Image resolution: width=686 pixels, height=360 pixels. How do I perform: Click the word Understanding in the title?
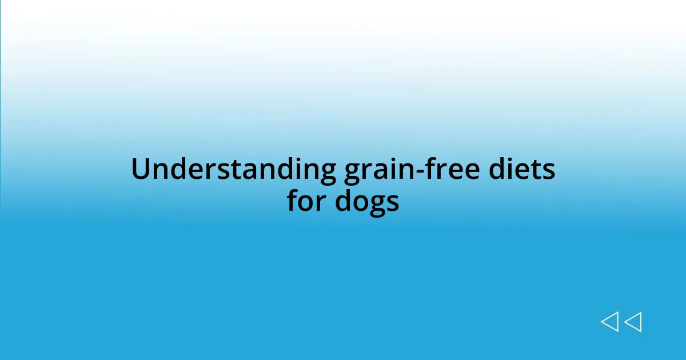coord(233,170)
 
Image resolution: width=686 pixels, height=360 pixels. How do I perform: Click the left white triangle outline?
coord(610,322)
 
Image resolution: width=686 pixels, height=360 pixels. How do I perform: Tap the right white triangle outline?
coord(633,322)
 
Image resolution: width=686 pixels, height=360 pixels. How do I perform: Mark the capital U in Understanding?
coord(141,170)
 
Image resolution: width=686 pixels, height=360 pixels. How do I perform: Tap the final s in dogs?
coord(393,203)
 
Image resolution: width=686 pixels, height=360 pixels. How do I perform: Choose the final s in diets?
coord(549,172)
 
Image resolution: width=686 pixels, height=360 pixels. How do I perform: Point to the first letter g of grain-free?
coord(352,174)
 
